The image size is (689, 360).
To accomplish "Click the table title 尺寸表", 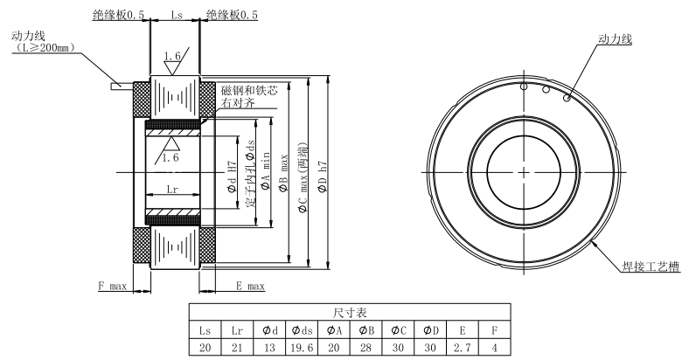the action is [x=350, y=313].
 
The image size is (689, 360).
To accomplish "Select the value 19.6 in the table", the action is [x=302, y=348].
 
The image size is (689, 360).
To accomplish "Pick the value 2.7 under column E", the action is [x=463, y=348].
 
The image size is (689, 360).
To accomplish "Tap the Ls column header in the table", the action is [x=205, y=330].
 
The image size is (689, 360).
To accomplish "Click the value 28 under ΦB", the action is [x=365, y=348].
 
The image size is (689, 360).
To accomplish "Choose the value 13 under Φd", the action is [x=269, y=348].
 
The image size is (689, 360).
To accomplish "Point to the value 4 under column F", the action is [x=494, y=348].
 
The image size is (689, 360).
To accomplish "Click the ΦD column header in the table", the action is [x=430, y=330].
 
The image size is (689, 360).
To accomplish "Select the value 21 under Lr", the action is [x=237, y=348].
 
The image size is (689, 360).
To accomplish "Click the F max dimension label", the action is [x=112, y=287].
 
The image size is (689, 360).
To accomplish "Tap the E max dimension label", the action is [x=250, y=287].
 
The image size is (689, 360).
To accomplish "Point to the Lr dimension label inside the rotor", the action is [x=172, y=190].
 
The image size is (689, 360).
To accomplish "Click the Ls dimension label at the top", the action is [x=177, y=15].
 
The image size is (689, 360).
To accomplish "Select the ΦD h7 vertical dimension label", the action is [x=323, y=177].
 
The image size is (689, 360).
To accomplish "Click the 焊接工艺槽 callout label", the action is [x=651, y=267].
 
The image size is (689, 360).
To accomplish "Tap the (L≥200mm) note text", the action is [x=44, y=47].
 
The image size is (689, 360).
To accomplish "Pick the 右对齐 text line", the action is [x=238, y=103].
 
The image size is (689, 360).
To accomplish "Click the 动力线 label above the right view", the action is [x=615, y=38].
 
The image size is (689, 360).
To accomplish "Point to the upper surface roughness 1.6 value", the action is [x=171, y=56].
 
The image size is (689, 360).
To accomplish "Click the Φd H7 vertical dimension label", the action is [x=233, y=177].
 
